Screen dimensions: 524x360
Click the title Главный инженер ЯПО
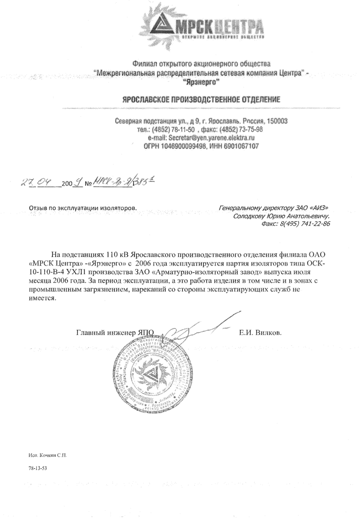[116, 332]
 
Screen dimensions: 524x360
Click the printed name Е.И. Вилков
[261, 332]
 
